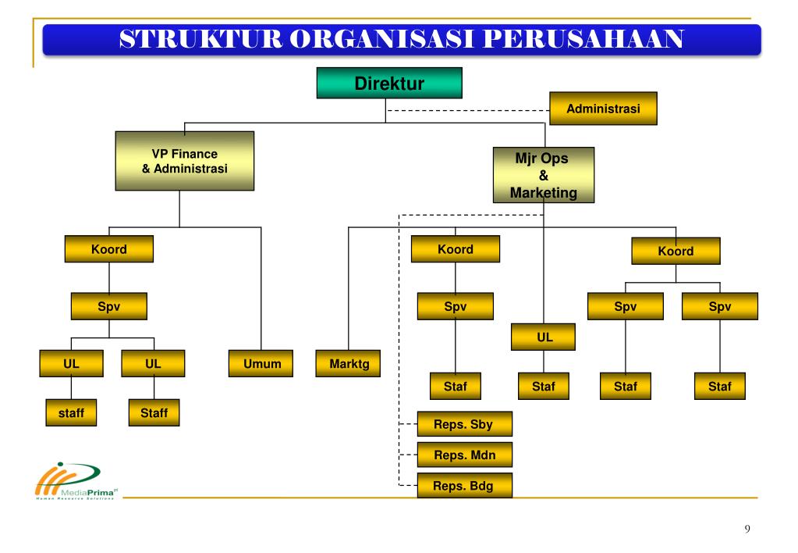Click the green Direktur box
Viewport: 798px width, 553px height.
tap(388, 83)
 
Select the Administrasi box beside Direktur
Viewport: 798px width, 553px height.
tap(603, 109)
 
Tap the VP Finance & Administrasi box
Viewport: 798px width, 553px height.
tap(184, 161)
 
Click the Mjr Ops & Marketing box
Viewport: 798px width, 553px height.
tap(543, 176)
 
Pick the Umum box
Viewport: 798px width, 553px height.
tap(261, 364)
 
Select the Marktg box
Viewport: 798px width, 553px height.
tap(348, 364)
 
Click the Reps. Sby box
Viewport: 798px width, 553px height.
tap(465, 425)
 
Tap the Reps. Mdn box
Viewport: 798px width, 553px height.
tap(465, 454)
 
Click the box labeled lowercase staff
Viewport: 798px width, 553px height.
tap(71, 412)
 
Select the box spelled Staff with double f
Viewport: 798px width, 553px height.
tap(154, 412)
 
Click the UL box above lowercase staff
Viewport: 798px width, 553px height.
tap(71, 364)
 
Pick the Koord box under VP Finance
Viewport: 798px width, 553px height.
tap(108, 250)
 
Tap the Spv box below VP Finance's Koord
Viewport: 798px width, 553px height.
tap(108, 307)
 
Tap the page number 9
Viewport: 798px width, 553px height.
tap(747, 530)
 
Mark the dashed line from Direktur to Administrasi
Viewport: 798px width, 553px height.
tap(468, 109)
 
